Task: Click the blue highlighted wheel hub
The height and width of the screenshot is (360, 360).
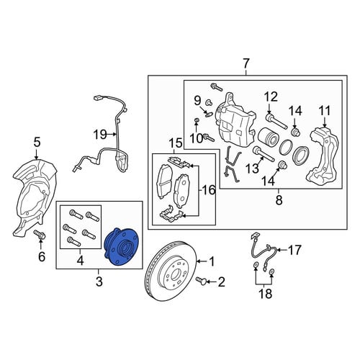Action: (122, 247)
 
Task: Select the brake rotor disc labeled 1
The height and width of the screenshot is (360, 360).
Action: (171, 271)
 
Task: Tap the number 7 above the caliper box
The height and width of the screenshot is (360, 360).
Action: (246, 64)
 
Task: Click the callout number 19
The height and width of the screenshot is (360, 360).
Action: (100, 135)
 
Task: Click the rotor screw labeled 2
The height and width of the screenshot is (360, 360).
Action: (201, 281)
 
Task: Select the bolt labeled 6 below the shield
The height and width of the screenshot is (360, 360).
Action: (40, 235)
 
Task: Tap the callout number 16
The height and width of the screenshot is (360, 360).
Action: (208, 190)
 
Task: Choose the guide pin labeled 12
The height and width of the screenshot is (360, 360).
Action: (276, 122)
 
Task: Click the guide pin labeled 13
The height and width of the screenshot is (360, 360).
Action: (264, 154)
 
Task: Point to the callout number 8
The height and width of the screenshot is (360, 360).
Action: (279, 199)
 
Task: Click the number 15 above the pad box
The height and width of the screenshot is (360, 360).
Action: (176, 143)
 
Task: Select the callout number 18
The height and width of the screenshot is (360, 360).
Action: (266, 293)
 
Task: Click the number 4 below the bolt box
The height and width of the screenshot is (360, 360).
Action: (80, 261)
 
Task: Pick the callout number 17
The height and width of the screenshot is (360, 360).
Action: (294, 250)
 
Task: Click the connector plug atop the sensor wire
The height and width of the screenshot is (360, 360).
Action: (97, 98)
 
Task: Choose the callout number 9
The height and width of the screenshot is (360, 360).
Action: (197, 101)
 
